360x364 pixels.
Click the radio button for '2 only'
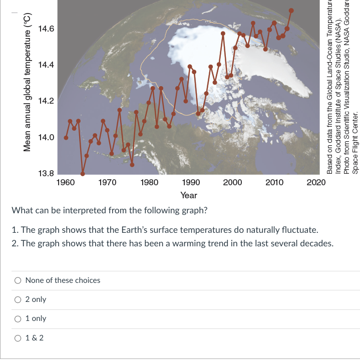[x=18, y=299]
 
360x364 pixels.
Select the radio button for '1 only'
[x=18, y=318]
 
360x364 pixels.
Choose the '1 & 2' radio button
[x=18, y=337]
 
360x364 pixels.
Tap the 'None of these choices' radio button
[x=18, y=280]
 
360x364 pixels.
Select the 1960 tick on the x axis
[x=66, y=182]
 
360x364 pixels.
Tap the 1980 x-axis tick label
[x=150, y=182]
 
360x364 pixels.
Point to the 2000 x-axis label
[x=233, y=182]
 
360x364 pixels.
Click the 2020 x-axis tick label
[x=316, y=182]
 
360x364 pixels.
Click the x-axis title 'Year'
[x=189, y=195]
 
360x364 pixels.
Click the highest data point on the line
[x=291, y=11]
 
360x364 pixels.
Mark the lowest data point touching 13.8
[x=83, y=174]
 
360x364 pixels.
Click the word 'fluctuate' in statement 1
[x=299, y=230]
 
